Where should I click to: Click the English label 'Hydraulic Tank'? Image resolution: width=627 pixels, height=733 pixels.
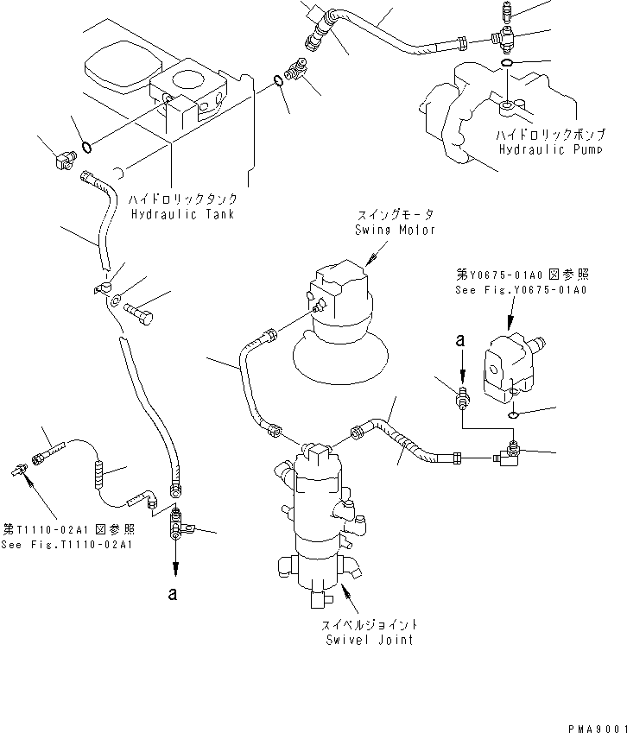point(182,215)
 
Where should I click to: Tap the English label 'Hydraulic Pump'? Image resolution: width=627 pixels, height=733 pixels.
point(550,149)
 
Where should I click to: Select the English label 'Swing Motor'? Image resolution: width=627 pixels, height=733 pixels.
point(395,230)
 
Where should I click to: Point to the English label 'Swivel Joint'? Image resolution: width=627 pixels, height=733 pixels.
point(370,640)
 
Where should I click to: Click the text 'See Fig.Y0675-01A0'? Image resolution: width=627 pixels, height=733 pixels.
point(521,290)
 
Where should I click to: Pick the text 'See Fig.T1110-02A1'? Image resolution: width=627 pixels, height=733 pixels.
point(66,545)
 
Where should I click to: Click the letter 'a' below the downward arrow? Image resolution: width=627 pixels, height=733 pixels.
point(173,594)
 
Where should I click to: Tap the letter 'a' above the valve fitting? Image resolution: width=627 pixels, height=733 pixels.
point(460,340)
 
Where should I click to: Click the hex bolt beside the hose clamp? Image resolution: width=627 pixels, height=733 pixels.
point(138,313)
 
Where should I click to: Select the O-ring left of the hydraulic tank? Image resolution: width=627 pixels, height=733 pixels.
point(86,148)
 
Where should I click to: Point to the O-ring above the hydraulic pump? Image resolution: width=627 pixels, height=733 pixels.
point(507,63)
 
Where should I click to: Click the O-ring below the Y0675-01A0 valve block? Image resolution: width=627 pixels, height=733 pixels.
point(513,415)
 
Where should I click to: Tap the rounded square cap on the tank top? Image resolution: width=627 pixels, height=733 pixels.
point(123,68)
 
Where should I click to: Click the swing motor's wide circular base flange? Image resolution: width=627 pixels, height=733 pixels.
point(340,357)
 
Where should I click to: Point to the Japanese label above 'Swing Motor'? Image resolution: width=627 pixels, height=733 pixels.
point(396,215)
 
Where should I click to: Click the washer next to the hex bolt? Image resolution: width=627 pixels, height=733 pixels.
point(117,298)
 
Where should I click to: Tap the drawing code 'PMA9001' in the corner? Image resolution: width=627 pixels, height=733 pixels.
point(598,729)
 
